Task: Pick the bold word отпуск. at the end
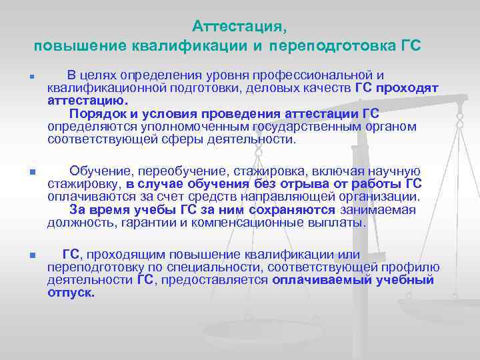(x=71, y=293)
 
